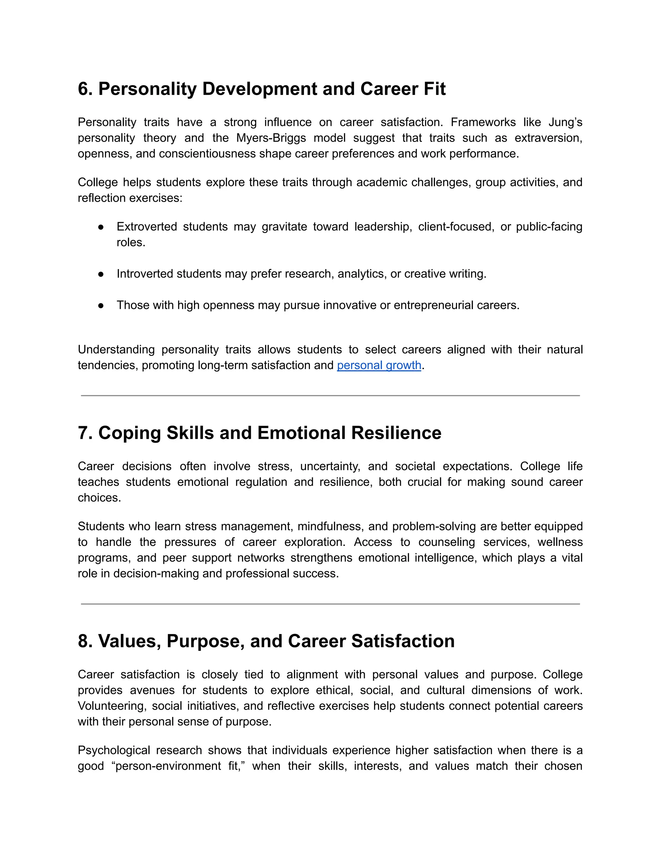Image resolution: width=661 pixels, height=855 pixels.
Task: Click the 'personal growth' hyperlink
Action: coord(379,365)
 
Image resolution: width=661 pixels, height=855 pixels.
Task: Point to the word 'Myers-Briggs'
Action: coord(271,138)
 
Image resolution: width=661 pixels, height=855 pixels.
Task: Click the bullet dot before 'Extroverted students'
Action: coord(101,227)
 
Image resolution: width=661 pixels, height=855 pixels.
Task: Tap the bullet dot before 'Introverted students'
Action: coord(101,274)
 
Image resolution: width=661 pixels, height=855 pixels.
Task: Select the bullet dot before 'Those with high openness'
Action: coord(101,305)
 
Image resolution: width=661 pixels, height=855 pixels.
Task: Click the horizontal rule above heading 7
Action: coord(330,396)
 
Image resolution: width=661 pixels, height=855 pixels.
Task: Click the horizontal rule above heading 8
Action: coord(330,604)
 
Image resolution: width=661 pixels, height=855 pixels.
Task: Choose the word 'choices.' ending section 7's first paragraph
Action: coord(99,498)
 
